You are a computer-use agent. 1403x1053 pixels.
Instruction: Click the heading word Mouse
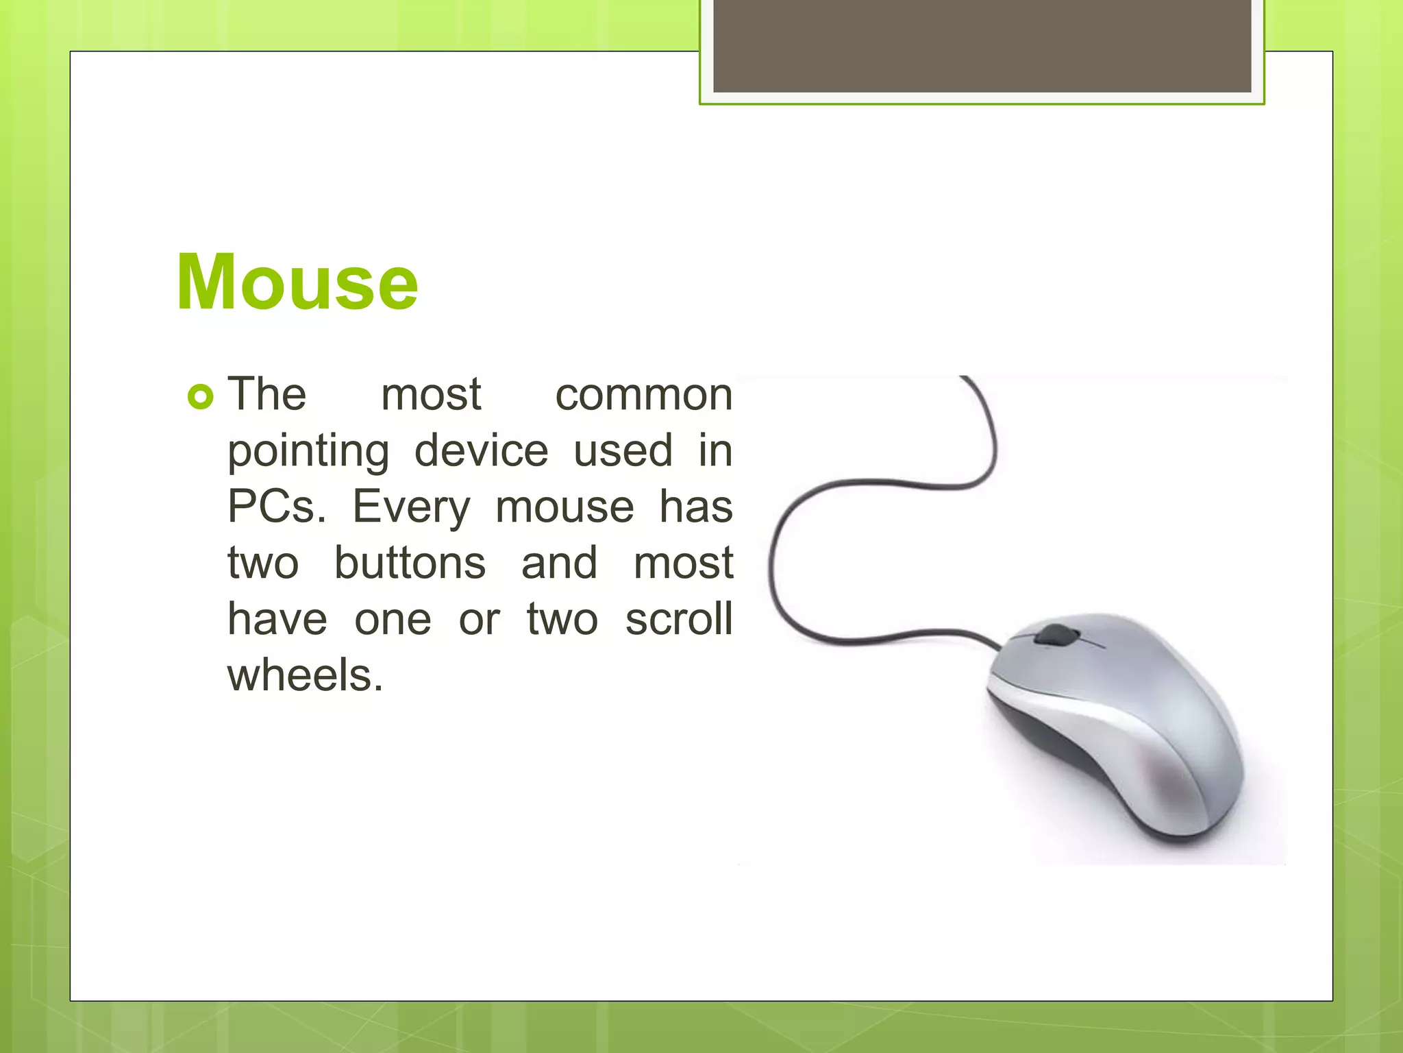[x=297, y=282]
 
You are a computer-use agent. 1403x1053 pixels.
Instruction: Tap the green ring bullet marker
[x=200, y=397]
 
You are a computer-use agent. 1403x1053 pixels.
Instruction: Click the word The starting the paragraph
[x=266, y=395]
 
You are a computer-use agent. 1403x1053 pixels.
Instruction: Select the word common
[x=643, y=396]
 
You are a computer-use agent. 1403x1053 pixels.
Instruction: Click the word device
[x=481, y=451]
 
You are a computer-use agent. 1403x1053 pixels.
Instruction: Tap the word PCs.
[x=276, y=507]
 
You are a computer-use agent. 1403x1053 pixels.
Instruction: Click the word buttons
[x=410, y=564]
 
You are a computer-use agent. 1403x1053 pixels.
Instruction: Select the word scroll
[x=678, y=619]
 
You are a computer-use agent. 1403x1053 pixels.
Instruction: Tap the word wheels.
[x=305, y=675]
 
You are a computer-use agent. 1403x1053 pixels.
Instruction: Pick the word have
[x=277, y=619]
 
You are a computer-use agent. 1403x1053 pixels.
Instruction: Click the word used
[x=623, y=451]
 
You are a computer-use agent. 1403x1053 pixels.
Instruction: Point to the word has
[x=695, y=507]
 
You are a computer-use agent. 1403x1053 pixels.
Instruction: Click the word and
[x=559, y=564]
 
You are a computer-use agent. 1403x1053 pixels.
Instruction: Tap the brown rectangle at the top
[x=982, y=45]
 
